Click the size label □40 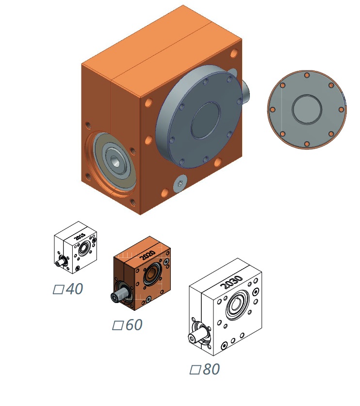pyautogui.click(x=68, y=288)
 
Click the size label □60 pyautogui.click(x=127, y=325)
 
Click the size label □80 pyautogui.click(x=205, y=369)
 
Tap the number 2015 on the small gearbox pyautogui.click(x=80, y=237)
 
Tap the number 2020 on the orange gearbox pyautogui.click(x=147, y=255)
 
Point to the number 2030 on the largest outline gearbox pyautogui.click(x=231, y=282)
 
